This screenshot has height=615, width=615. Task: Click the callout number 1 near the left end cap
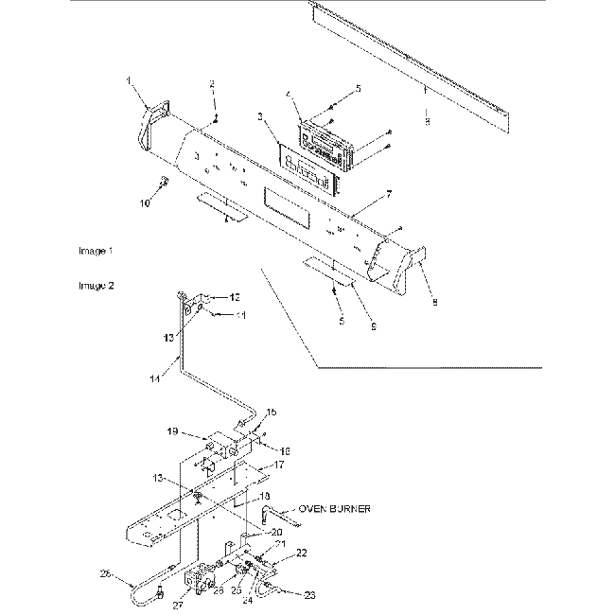coord(128,81)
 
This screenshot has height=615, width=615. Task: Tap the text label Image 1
coord(96,252)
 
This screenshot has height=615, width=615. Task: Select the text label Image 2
coord(96,284)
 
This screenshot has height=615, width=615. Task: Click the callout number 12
coord(236,297)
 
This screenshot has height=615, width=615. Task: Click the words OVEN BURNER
coord(334,509)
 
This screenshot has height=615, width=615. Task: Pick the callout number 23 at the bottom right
coord(308,595)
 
